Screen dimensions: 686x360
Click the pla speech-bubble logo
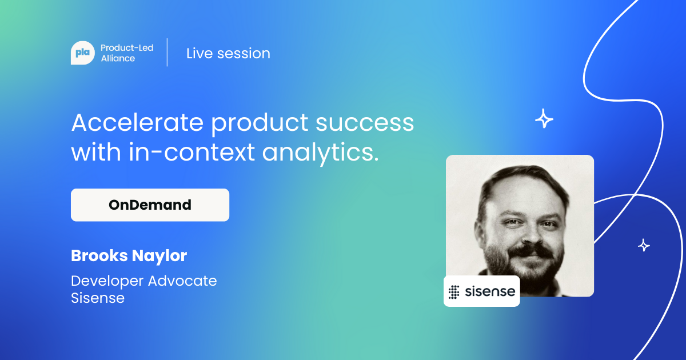(83, 53)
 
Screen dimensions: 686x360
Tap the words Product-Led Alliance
(127, 53)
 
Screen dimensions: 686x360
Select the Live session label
(229, 54)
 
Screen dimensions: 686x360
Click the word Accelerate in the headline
(138, 123)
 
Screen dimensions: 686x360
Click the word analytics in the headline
(320, 153)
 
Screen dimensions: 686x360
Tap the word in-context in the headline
(192, 152)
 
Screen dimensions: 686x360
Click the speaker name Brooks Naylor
(129, 256)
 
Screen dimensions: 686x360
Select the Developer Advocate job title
(144, 281)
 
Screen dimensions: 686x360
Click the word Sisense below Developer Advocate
(98, 298)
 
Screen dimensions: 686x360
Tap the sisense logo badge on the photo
(482, 291)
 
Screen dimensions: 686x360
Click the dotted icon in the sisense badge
(454, 292)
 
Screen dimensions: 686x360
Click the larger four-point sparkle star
(544, 118)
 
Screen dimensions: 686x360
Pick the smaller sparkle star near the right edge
(644, 245)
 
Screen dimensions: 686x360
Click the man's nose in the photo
(531, 234)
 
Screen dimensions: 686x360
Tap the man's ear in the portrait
(480, 230)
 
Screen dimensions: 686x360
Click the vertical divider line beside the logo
(167, 53)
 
